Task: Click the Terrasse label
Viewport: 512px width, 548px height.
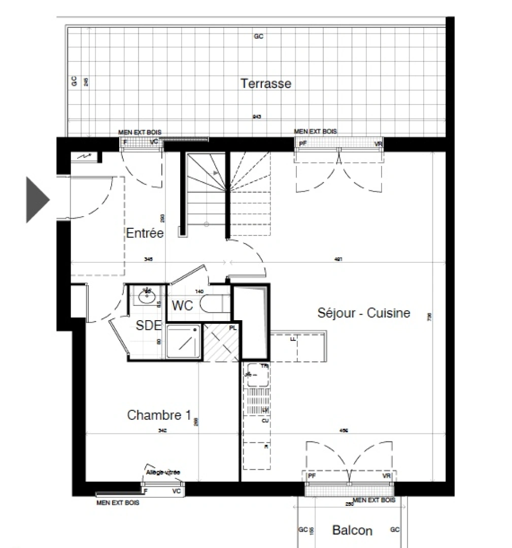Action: coord(266,83)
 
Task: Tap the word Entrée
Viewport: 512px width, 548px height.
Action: coord(145,233)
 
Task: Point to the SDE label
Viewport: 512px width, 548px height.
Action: coord(148,325)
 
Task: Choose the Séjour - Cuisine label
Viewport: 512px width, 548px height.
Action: coord(363,313)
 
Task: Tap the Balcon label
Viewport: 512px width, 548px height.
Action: coord(352,530)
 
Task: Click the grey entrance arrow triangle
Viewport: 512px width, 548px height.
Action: coord(37,199)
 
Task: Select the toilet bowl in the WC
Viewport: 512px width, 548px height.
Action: coord(212,304)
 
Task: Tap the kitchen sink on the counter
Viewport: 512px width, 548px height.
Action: coord(256,375)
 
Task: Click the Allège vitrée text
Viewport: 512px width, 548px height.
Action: coord(163,472)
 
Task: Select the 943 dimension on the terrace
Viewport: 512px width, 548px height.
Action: coord(257,117)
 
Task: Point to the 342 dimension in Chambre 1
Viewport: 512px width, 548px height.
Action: coord(163,430)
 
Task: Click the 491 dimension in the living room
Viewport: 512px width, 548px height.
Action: coord(338,259)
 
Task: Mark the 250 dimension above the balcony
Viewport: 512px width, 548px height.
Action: coord(349,504)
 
